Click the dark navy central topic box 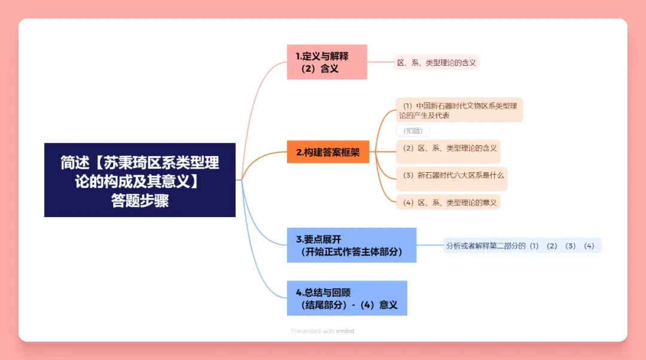tap(140, 179)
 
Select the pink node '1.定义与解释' tap(327, 56)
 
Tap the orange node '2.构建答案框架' tap(328, 152)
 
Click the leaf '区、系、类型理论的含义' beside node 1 tap(437, 62)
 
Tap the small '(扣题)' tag tap(413, 131)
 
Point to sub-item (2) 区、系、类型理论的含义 tap(450, 148)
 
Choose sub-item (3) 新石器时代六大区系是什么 tap(453, 175)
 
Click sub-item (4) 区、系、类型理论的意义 tap(450, 202)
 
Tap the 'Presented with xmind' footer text tap(322, 331)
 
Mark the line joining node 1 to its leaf tap(380, 62)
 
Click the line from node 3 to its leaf tap(429, 245)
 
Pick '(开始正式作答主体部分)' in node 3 tap(352, 252)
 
